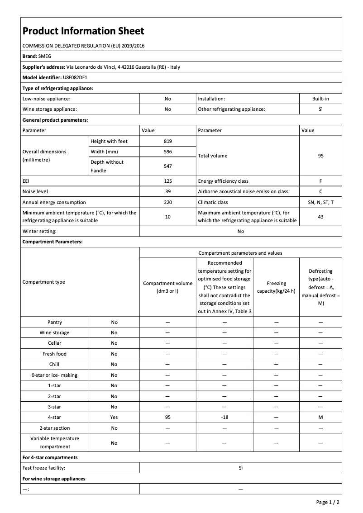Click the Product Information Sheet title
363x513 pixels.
tap(83, 31)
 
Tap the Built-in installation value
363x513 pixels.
tap(320, 98)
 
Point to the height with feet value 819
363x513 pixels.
tap(167, 141)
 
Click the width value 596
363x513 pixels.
tap(167, 152)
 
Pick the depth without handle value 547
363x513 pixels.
tap(167, 166)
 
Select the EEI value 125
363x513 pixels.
tap(167, 181)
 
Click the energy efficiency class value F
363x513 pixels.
tap(320, 181)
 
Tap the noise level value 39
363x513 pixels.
tap(167, 191)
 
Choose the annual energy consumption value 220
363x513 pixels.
tap(167, 202)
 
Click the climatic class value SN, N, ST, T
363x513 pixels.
tap(320, 202)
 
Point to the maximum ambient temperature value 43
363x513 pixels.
tap(320, 217)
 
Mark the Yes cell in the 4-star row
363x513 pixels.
tap(114, 417)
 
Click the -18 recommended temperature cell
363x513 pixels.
tap(224, 417)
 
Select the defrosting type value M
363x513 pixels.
tap(320, 417)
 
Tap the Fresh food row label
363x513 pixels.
tap(54, 354)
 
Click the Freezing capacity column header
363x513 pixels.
tap(276, 287)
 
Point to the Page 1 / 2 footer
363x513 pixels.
tap(328, 502)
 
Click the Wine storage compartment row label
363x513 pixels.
tap(54, 332)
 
